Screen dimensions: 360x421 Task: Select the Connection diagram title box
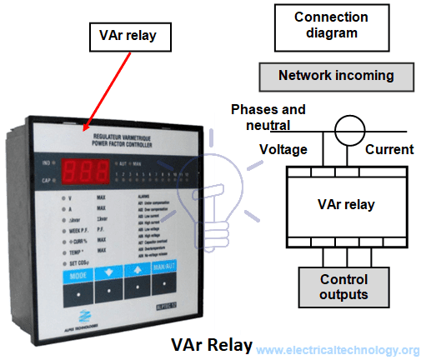tap(330, 25)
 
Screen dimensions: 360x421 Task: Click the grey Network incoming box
tap(336, 76)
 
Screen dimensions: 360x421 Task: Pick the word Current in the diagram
tap(388, 150)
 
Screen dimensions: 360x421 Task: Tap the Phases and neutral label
tap(268, 117)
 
